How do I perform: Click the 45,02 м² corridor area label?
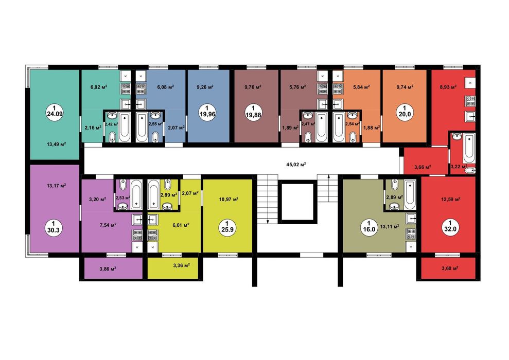296,165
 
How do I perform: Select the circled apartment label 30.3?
55,227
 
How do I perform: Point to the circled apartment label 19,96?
207,112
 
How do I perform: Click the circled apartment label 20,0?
405,112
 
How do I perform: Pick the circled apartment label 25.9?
227,227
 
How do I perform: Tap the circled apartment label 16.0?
368,226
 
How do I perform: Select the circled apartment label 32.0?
450,226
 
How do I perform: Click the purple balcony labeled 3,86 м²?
111,268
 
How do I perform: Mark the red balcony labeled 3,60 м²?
448,268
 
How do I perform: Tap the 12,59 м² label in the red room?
450,199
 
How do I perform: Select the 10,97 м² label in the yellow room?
229,199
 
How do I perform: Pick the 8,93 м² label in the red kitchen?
448,87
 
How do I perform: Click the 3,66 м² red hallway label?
423,167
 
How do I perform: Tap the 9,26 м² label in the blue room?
205,87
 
